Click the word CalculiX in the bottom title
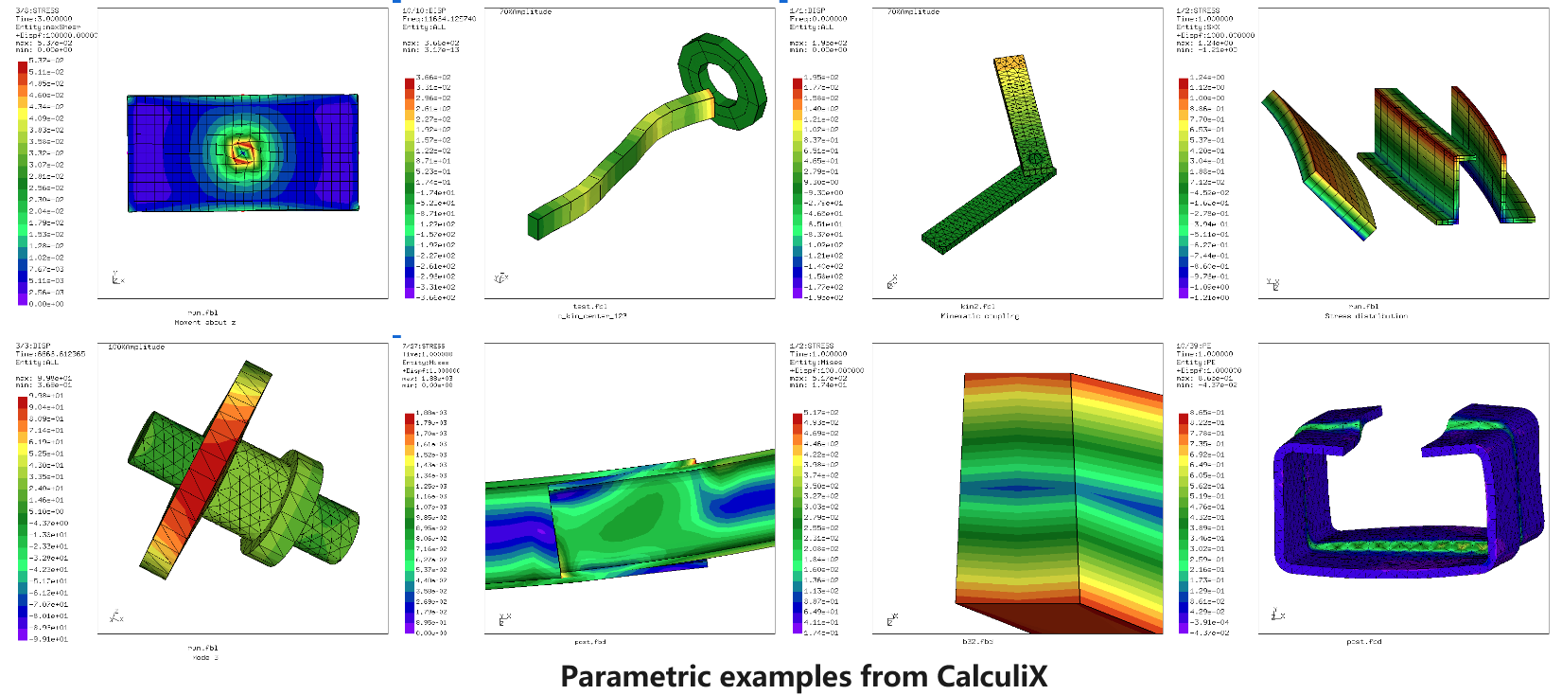tap(992, 676)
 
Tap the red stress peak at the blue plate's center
tap(243, 152)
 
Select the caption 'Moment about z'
tap(204, 323)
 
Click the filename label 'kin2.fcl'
tap(977, 307)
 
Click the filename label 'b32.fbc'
tap(977, 642)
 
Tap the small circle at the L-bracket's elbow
tap(1033, 158)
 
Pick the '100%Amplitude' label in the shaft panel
tap(136, 347)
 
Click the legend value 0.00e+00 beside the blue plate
tap(45, 304)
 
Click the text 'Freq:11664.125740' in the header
tap(439, 19)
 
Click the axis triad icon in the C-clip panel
tap(1276, 615)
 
